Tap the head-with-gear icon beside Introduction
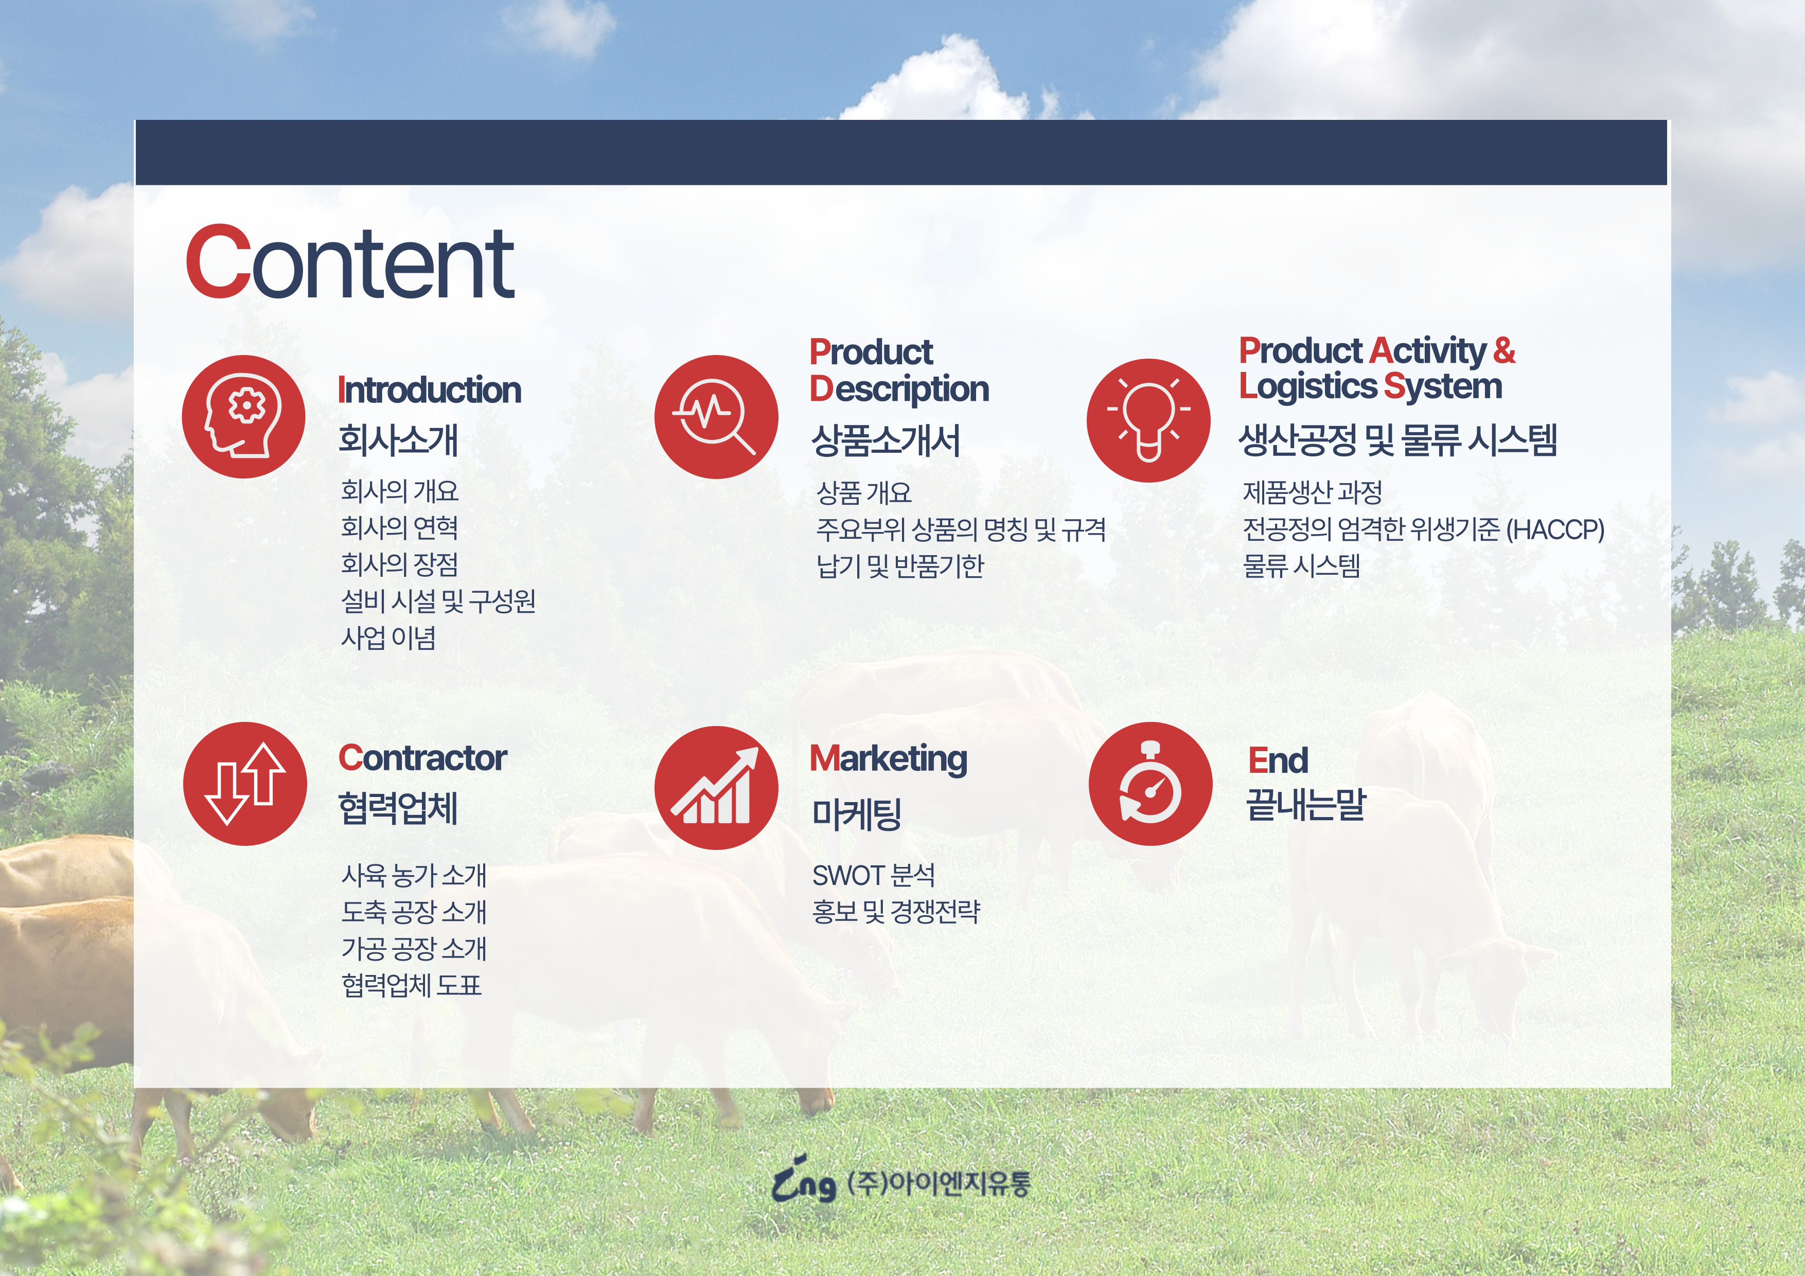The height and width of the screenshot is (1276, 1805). point(244,417)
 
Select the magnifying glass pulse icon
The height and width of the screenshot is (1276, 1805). point(716,417)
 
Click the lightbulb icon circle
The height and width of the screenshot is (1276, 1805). point(1148,420)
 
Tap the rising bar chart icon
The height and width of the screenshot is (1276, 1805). point(716,788)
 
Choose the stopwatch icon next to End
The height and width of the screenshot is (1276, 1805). point(1150,784)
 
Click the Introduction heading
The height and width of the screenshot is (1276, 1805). point(429,390)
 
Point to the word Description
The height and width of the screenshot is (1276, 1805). point(899,389)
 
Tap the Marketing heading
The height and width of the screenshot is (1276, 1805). point(888,759)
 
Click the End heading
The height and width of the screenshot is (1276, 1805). point(1278,760)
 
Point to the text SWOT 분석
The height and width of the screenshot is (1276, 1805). point(873,875)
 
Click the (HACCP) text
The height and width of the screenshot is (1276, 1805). point(1555,529)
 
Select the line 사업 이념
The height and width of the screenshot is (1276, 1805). point(388,637)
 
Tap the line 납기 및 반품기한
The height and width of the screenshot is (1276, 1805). point(900,565)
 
